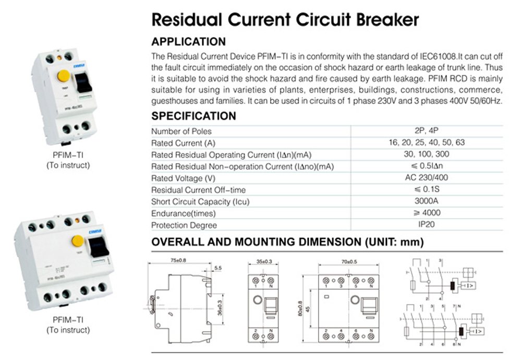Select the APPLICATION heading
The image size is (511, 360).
[x=188, y=42]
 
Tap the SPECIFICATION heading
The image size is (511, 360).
[x=193, y=116]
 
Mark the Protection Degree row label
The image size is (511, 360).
[x=184, y=225]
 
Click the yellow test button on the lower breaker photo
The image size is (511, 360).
[x=78, y=241]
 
